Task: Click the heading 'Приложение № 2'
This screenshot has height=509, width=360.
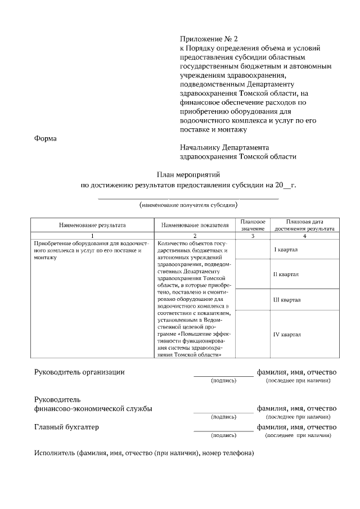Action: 209,39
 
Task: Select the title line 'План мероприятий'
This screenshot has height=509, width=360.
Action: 187,175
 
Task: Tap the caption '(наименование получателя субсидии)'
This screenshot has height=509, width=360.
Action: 188,205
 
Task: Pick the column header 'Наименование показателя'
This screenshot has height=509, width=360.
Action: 195,225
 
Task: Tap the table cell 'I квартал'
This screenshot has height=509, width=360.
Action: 286,249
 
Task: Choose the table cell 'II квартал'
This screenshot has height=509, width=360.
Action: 286,274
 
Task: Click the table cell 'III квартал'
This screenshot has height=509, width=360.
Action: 286,300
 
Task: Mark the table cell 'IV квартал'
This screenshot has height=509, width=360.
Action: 287,334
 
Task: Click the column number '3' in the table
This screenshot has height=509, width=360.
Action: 253,235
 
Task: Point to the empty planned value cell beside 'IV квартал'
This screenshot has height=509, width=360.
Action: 253,334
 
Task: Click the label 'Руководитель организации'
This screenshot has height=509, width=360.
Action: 79,372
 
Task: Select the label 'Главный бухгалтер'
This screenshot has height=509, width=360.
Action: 66,427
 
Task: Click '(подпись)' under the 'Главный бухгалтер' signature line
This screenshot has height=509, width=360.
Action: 223,435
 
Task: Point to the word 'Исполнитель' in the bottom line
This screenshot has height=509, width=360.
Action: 51,453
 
